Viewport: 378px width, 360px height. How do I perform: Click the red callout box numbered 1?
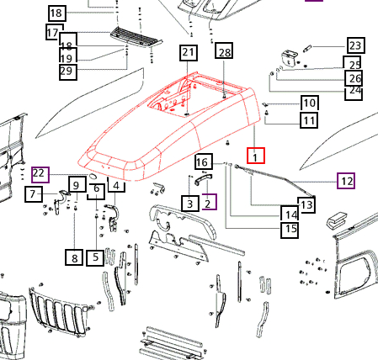point(256,156)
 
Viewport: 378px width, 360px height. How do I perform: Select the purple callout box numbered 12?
point(346,181)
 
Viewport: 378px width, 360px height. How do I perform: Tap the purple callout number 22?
point(40,175)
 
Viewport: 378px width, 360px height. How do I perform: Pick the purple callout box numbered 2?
point(209,202)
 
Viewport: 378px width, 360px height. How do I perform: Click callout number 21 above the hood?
point(189,52)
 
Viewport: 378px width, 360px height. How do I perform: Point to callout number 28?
point(224,50)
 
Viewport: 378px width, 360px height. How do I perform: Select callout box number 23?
point(356,45)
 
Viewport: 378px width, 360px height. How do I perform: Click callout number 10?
point(310,103)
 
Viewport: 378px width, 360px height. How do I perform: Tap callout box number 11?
point(309,120)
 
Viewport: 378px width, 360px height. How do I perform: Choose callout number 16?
point(204,161)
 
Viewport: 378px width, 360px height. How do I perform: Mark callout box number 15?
point(290,230)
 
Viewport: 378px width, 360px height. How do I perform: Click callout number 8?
point(74,257)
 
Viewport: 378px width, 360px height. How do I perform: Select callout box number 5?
point(95,257)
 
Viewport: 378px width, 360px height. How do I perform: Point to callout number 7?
point(34,193)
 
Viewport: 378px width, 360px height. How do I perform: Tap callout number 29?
point(68,71)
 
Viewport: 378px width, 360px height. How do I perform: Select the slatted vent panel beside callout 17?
point(136,38)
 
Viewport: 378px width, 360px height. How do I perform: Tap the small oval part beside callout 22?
point(93,176)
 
